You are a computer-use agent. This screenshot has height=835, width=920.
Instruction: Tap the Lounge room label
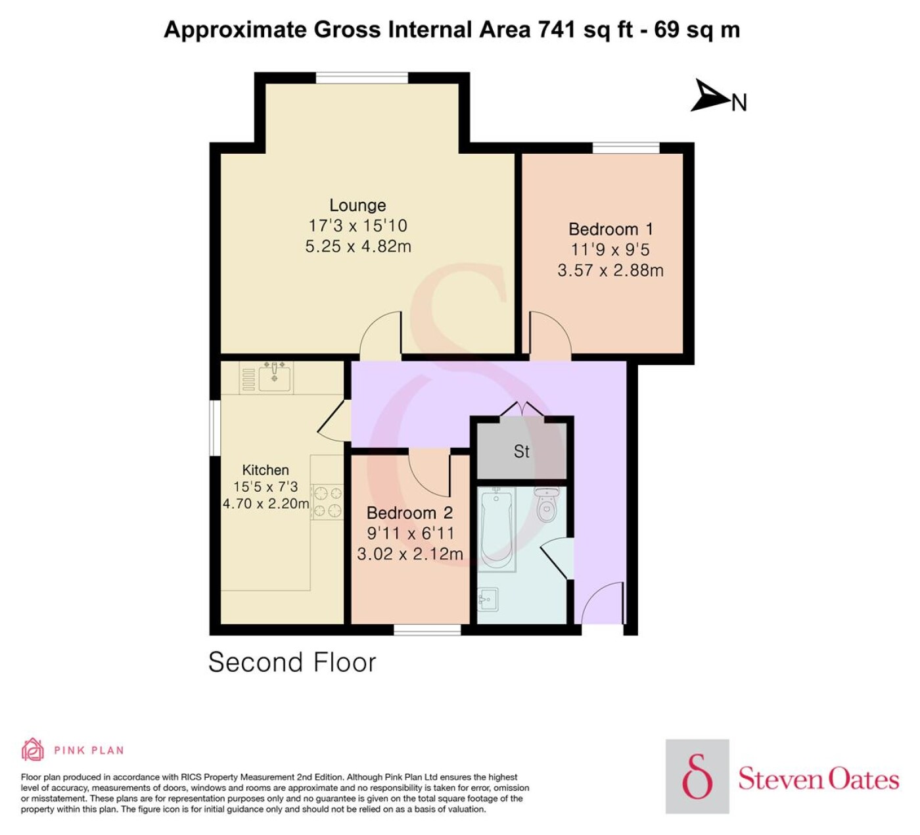[x=357, y=205]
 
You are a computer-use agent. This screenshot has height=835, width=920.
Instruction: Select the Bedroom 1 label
[x=610, y=229]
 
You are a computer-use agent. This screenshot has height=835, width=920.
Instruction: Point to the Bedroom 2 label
[x=409, y=513]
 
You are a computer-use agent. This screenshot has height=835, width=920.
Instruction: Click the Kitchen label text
[x=265, y=470]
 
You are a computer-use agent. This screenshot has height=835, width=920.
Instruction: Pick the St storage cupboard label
[x=522, y=452]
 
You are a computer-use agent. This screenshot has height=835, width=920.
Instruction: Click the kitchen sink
[x=274, y=376]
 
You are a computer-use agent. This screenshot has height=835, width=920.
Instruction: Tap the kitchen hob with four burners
[x=327, y=502]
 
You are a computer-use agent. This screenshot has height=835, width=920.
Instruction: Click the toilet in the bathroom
[x=546, y=504]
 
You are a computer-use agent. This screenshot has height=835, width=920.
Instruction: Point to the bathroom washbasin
[x=488, y=599]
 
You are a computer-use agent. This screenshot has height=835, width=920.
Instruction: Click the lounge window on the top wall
[x=362, y=78]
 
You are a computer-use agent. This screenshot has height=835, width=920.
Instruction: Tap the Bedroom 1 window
[x=626, y=148]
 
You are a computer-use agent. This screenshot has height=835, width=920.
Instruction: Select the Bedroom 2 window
[x=427, y=630]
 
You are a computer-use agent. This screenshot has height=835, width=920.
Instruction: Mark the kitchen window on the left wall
[x=215, y=428]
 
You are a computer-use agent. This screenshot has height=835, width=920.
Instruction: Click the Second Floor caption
[x=292, y=662]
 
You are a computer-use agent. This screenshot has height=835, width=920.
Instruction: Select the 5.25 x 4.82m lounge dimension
[x=358, y=247]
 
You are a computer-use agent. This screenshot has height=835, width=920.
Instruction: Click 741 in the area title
[x=557, y=30]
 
